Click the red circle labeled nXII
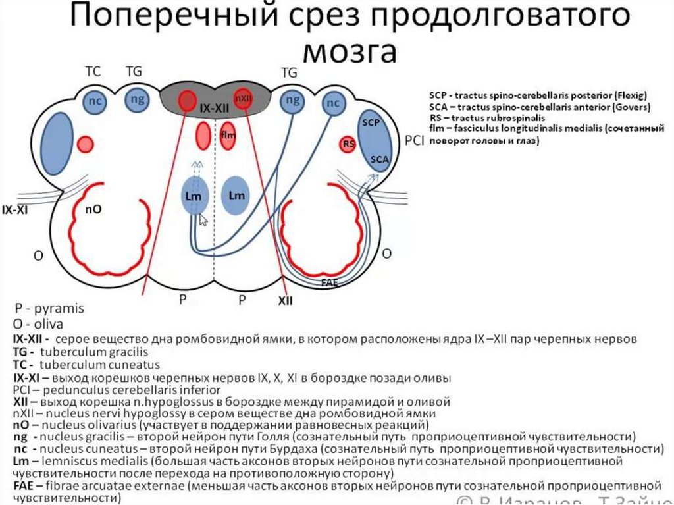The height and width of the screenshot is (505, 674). coord(244,98)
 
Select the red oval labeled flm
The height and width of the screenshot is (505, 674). coord(228,135)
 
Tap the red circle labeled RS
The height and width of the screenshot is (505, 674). coord(348,144)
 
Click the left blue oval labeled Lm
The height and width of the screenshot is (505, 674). coord(194,196)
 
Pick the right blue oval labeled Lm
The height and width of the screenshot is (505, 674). coord(236,196)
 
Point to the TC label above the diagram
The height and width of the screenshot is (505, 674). coord(92,69)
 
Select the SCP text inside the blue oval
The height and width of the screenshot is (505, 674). coord(371,123)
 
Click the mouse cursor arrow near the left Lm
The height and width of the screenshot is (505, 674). coord(203,220)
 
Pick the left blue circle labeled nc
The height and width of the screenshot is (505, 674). coord(95,102)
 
